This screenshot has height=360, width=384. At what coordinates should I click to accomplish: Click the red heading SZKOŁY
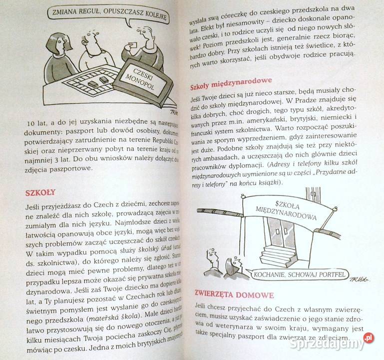40,192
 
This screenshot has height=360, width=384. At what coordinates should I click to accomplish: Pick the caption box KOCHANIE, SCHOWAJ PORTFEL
300,274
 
